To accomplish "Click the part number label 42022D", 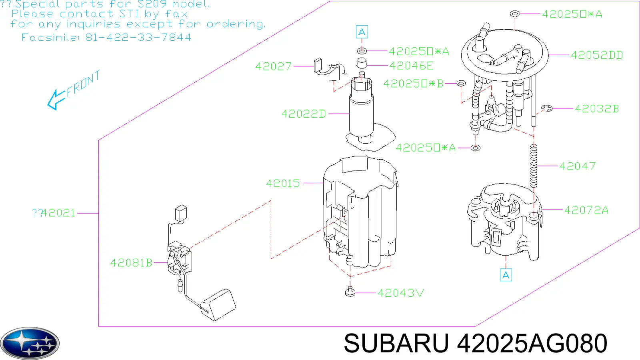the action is tap(304, 114).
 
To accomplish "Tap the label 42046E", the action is tap(412, 66).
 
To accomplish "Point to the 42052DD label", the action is tap(597, 55).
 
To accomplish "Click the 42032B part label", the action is tap(597, 108).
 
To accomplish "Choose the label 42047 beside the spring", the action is tap(578, 166).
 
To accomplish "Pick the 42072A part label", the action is tap(586, 210).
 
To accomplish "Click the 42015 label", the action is tap(283, 183).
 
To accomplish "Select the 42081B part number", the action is tap(131, 262).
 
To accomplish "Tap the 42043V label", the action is tap(400, 293).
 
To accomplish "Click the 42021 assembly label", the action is tap(58, 213).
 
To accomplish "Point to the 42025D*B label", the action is tap(413, 84).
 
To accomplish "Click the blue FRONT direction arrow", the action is tap(56, 100).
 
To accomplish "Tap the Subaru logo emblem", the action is tap(30, 344).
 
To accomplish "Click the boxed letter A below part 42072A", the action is tap(506, 275).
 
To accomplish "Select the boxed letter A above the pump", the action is tap(362, 32).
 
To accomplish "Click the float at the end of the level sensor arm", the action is tap(218, 304).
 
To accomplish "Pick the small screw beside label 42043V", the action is tap(350, 292).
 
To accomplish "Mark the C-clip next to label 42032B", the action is tap(546, 108).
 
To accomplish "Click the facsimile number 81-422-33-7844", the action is tap(138, 38).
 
